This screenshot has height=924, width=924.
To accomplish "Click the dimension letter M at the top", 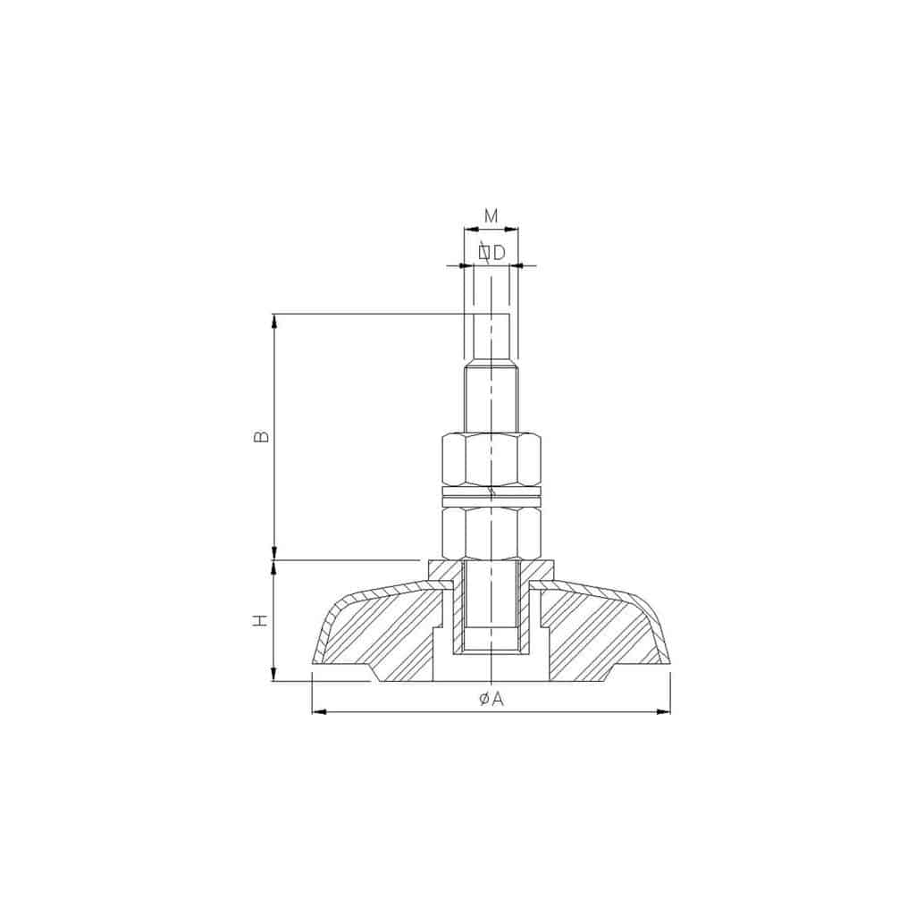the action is (x=491, y=216).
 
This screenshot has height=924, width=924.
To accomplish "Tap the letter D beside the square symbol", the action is (x=500, y=253).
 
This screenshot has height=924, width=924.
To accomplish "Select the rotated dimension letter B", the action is (x=261, y=436).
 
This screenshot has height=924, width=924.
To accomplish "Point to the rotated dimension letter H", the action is (x=260, y=619).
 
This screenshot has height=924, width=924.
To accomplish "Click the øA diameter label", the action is (x=491, y=699).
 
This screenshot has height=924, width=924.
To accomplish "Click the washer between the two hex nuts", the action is (x=491, y=496).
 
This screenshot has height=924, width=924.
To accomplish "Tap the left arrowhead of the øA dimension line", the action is (x=319, y=712).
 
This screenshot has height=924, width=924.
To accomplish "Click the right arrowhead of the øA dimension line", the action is (x=664, y=712).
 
